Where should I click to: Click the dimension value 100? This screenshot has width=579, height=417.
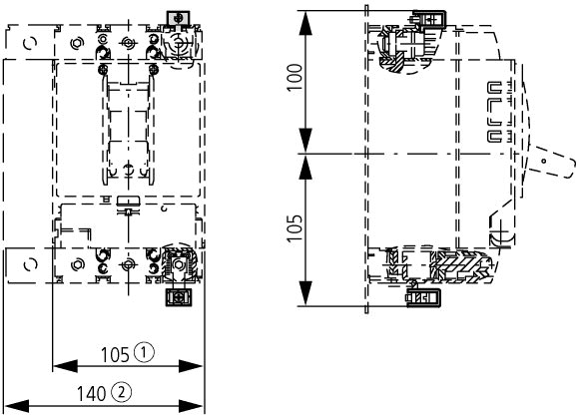(x=295, y=78)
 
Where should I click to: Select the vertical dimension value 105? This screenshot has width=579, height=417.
(x=295, y=228)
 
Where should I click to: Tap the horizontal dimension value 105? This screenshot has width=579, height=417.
(x=115, y=355)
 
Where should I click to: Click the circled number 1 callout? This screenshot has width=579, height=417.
(x=144, y=352)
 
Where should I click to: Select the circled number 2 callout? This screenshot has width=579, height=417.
(x=121, y=392)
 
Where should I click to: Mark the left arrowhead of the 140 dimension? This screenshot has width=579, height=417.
(x=17, y=406)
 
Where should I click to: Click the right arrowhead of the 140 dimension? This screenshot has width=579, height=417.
(x=192, y=406)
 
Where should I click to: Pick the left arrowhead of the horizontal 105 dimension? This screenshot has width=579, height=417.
(x=65, y=366)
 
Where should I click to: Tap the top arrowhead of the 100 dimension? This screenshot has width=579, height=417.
(x=305, y=23)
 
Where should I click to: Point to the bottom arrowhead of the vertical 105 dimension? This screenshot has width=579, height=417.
(x=305, y=293)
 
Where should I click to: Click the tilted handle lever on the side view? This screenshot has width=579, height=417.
(x=551, y=163)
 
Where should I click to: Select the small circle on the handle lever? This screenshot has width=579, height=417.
(x=543, y=161)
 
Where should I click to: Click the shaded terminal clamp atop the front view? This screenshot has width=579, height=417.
(x=179, y=18)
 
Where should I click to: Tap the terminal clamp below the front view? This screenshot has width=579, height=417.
(x=179, y=297)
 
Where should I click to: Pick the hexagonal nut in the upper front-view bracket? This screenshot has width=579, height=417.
(x=77, y=43)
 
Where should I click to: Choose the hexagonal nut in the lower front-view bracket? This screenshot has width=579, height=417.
(x=77, y=265)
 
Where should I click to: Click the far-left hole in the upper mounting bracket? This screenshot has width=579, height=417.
(x=30, y=44)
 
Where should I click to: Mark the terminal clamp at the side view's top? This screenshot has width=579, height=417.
(x=428, y=20)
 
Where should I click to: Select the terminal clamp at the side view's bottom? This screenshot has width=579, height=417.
(x=423, y=297)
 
